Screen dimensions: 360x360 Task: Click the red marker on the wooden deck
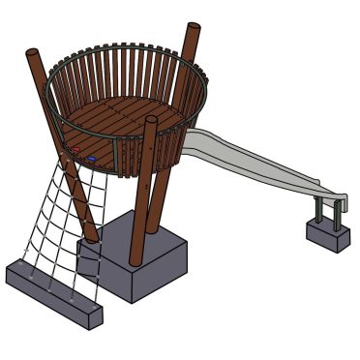74,150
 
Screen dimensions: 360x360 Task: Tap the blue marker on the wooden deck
91,157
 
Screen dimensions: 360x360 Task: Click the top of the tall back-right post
194,29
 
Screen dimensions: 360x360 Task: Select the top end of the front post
151,121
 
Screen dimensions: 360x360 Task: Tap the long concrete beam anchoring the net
53,290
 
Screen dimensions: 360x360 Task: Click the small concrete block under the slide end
328,233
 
